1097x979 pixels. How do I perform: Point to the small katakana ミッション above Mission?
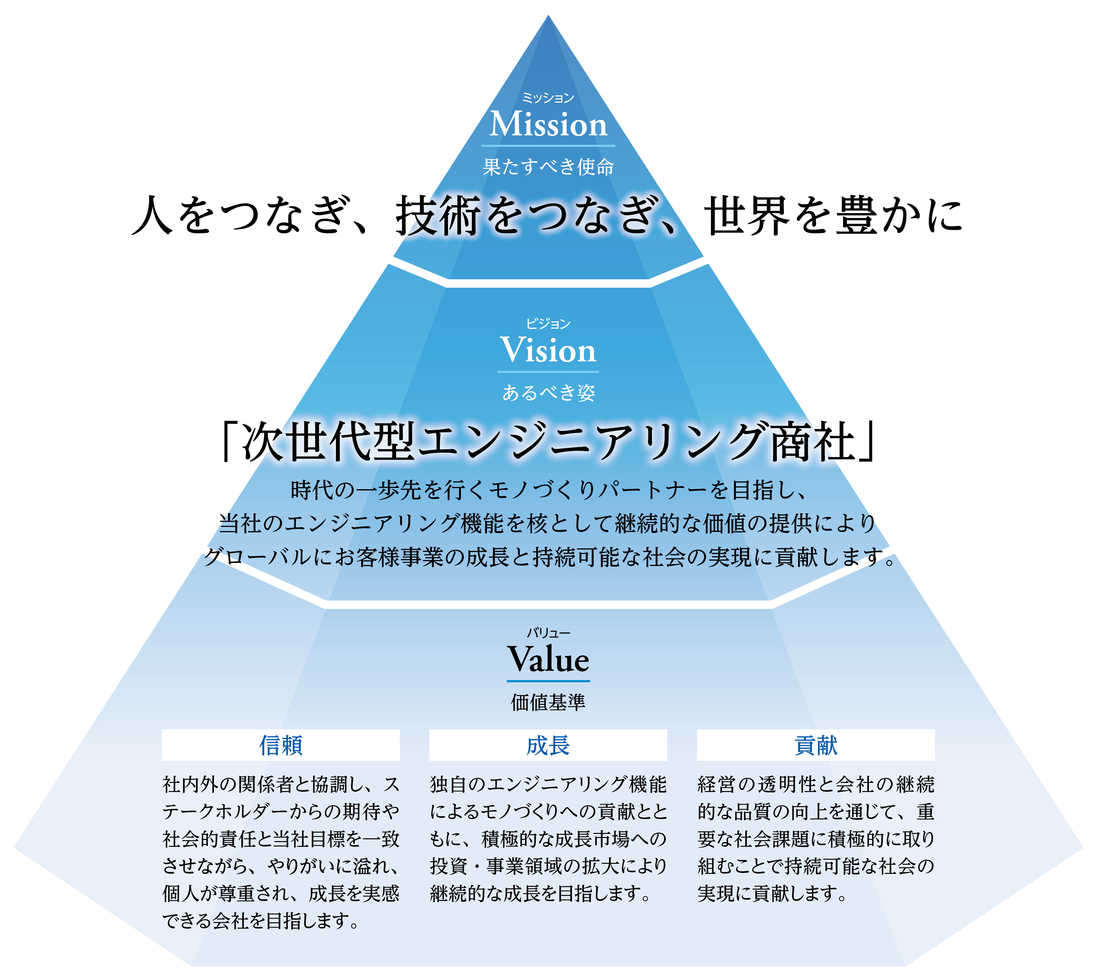click(548, 98)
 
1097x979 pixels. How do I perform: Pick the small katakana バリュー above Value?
click(548, 633)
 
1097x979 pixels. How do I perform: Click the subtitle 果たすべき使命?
click(548, 167)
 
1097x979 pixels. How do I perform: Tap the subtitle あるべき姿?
click(549, 393)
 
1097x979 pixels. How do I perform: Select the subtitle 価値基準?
click(548, 702)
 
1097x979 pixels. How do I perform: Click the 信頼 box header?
click(281, 745)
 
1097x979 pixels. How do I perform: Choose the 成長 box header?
click(548, 745)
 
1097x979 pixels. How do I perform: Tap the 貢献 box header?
click(816, 745)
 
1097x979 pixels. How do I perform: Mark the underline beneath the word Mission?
click(548, 145)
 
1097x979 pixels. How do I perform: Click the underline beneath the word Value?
click(548, 681)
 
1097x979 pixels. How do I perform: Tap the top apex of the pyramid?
click(548, 15)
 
